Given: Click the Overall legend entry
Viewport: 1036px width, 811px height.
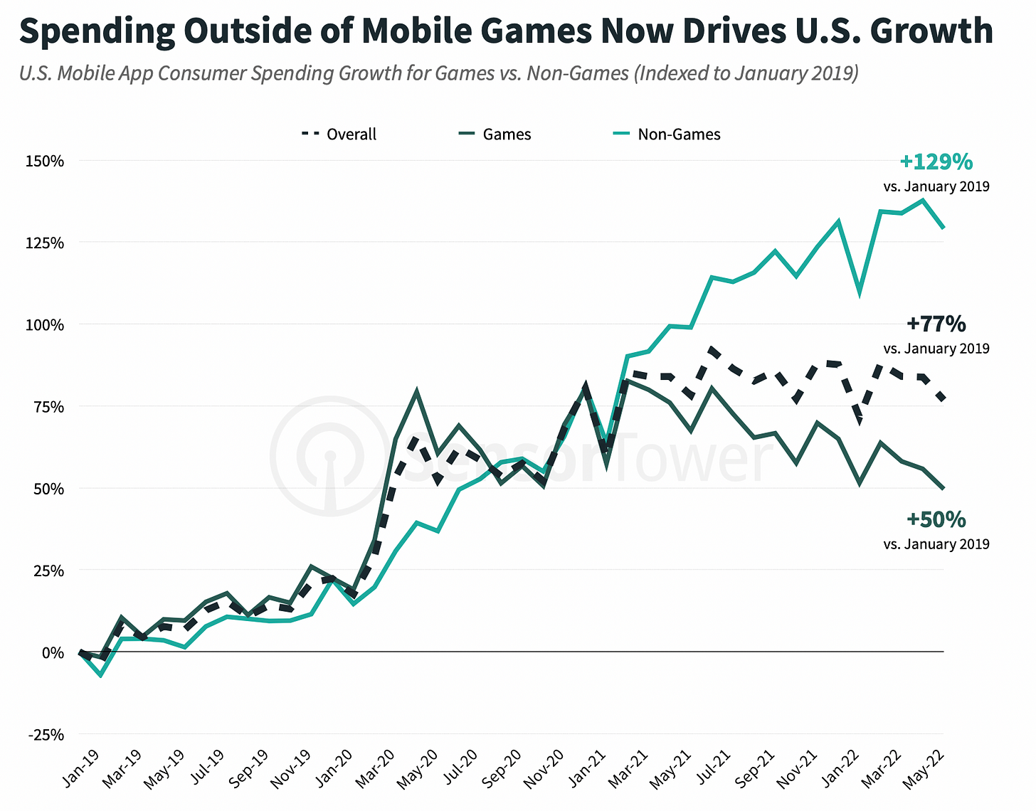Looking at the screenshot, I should tap(339, 134).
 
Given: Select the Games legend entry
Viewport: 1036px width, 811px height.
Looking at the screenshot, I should tap(495, 134).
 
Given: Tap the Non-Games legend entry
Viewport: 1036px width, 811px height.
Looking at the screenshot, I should tap(667, 134).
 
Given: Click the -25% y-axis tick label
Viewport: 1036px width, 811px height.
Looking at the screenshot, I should tap(47, 734).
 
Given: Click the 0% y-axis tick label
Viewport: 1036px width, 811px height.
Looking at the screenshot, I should tap(53, 652).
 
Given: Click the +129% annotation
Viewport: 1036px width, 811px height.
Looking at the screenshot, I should tap(936, 162).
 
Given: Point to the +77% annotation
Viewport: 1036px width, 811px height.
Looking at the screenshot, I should tap(936, 324).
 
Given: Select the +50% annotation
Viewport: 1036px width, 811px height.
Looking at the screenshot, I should tap(936, 520).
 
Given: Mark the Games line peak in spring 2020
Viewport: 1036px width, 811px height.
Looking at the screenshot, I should tap(416, 391).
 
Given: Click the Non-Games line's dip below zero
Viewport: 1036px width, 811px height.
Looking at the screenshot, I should tap(101, 674).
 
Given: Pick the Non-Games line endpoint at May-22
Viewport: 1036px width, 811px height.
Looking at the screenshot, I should tap(943, 228).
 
